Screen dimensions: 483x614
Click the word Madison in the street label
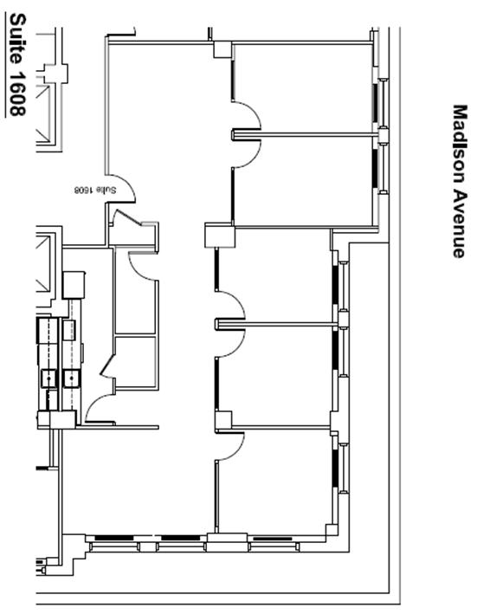(x=460, y=144)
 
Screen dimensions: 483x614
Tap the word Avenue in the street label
(x=460, y=224)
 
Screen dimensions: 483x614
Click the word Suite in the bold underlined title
(x=17, y=39)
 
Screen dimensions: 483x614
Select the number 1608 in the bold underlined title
(x=17, y=94)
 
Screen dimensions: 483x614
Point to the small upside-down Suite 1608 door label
(x=95, y=190)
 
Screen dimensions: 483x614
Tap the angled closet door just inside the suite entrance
(x=126, y=217)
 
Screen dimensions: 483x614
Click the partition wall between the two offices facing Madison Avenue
(x=306, y=135)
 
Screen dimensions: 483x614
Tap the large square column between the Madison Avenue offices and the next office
(x=220, y=235)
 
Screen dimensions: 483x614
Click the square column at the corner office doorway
(x=223, y=420)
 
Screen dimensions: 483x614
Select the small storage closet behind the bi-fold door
(x=136, y=361)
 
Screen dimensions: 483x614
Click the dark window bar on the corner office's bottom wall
(x=273, y=539)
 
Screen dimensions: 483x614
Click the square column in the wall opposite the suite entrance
(x=222, y=49)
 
